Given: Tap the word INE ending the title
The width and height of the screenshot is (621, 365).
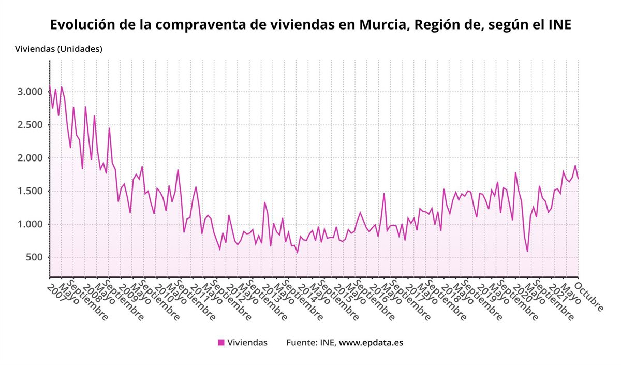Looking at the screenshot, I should pyautogui.click(x=558, y=24).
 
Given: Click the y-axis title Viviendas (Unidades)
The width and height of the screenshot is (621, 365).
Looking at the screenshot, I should pyautogui.click(x=58, y=49).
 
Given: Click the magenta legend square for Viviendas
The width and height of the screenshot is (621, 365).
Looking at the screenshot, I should pyautogui.click(x=221, y=342).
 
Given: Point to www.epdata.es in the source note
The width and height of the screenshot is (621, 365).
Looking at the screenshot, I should pyautogui.click(x=371, y=342).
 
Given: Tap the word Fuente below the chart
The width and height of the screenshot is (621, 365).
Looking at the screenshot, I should pyautogui.click(x=301, y=342).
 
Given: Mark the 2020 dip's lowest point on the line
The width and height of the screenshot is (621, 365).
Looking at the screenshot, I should pyautogui.click(x=527, y=252).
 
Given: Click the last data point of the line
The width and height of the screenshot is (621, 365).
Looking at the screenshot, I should pyautogui.click(x=578, y=179).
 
